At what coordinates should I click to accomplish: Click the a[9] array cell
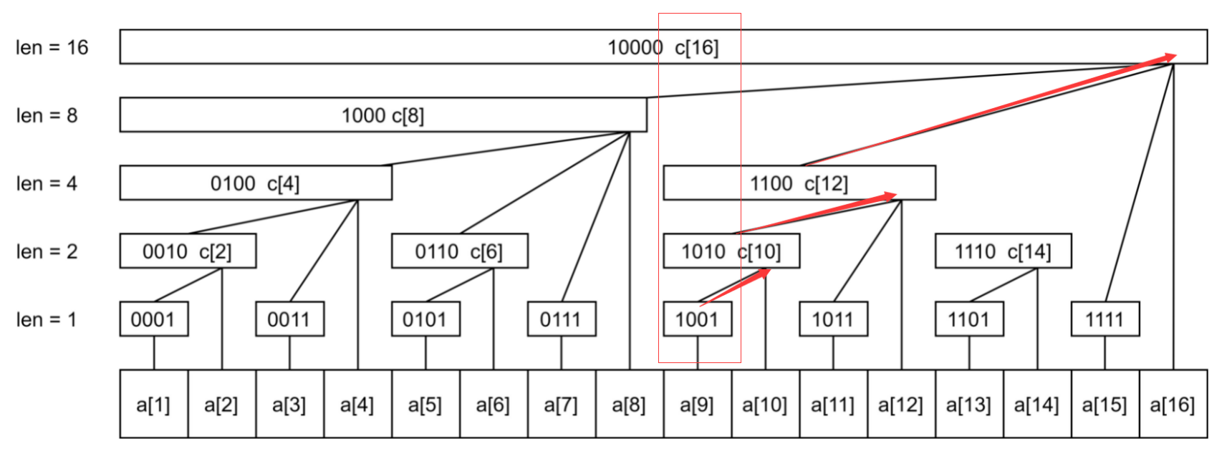click(697, 404)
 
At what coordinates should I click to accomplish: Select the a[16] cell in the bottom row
click(1173, 404)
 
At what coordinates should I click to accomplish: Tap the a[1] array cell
click(153, 404)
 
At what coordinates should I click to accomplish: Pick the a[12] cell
click(900, 404)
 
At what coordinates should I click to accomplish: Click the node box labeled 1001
click(697, 319)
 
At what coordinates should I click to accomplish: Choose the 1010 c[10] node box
click(731, 251)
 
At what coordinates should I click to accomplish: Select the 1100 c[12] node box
click(799, 183)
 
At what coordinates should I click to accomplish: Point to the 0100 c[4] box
click(255, 183)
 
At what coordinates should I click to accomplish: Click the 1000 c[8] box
click(382, 115)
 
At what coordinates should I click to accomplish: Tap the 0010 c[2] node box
click(187, 251)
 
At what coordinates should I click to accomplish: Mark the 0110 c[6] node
click(459, 251)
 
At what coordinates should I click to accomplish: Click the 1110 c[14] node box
click(1003, 251)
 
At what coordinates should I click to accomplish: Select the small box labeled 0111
click(561, 319)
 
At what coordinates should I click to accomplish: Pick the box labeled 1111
click(1105, 319)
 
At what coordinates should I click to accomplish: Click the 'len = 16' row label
click(52, 47)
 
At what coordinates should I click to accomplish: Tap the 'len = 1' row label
click(46, 319)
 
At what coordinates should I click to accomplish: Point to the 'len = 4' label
click(46, 183)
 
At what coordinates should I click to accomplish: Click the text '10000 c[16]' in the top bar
click(663, 47)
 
